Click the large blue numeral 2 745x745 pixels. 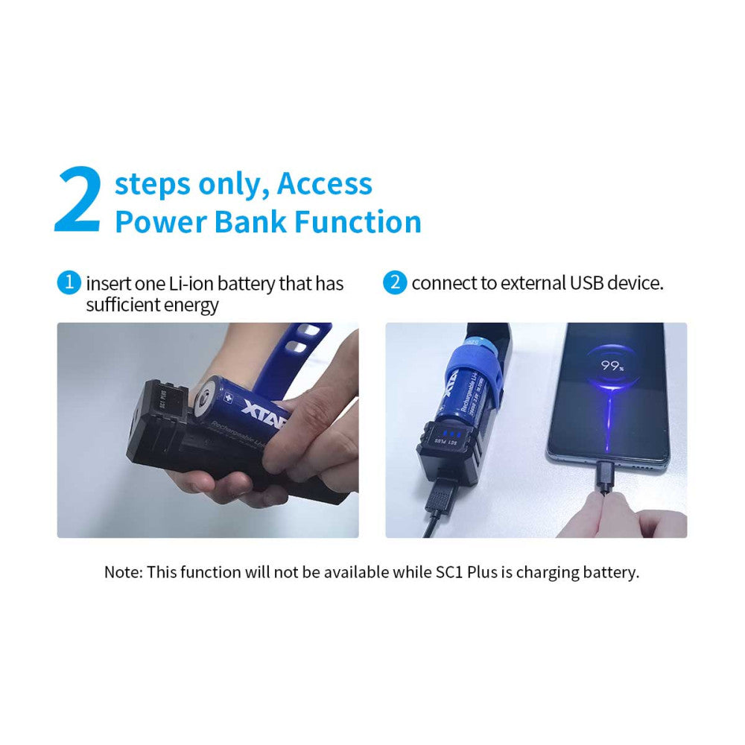pyautogui.click(x=78, y=200)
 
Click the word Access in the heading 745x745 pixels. pyautogui.click(x=325, y=183)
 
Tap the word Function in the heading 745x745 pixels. pyautogui.click(x=358, y=222)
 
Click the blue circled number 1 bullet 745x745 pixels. pyautogui.click(x=69, y=282)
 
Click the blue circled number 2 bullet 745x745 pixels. pyautogui.click(x=395, y=282)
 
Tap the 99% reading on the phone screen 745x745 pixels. pyautogui.click(x=612, y=366)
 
